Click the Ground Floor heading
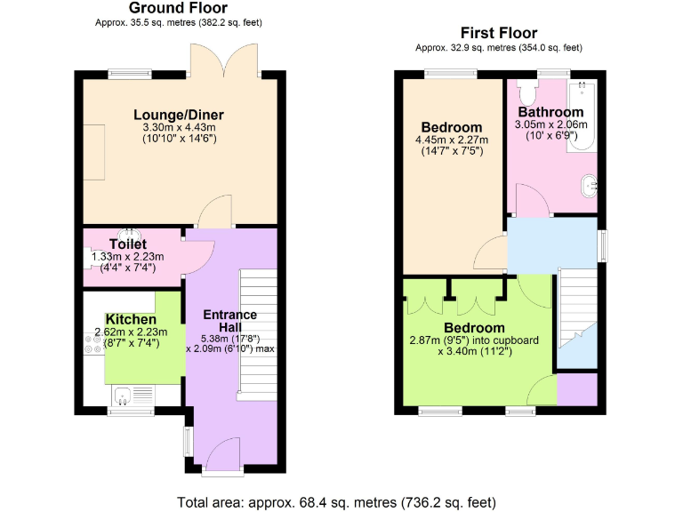178,8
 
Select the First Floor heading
498,33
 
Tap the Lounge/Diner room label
179,115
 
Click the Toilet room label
127,244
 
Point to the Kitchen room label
131,319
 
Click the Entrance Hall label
230,321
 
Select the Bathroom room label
550,112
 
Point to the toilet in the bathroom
526,92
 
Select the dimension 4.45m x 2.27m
452,140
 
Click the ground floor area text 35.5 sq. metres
178,22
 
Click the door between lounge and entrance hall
214,213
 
